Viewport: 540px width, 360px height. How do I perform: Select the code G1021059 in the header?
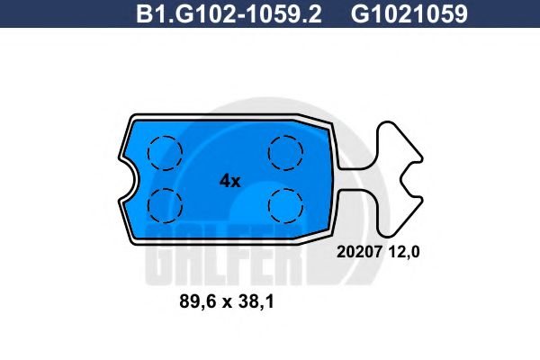(409, 14)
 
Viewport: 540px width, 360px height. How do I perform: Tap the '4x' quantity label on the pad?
(229, 180)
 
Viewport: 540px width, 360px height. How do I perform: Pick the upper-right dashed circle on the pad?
(285, 150)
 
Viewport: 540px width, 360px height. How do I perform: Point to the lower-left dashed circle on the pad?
(165, 204)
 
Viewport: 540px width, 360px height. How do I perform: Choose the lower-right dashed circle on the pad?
(285, 204)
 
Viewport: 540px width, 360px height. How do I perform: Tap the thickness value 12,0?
(404, 254)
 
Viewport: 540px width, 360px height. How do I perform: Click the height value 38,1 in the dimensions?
(254, 304)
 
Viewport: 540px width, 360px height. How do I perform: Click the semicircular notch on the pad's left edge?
(127, 179)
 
